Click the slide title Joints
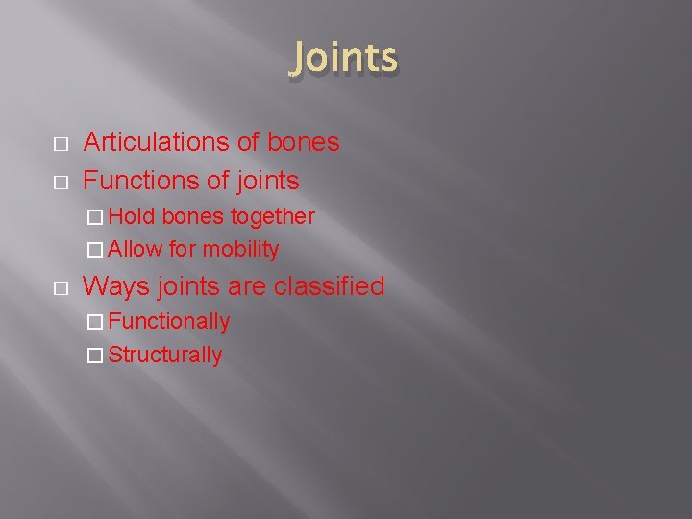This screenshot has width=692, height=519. [343, 58]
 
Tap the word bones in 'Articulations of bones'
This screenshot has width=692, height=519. [303, 142]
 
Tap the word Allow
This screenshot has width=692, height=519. [136, 250]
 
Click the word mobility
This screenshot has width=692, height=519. [240, 250]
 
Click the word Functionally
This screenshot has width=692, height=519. [169, 321]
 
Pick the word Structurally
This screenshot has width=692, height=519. [165, 355]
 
